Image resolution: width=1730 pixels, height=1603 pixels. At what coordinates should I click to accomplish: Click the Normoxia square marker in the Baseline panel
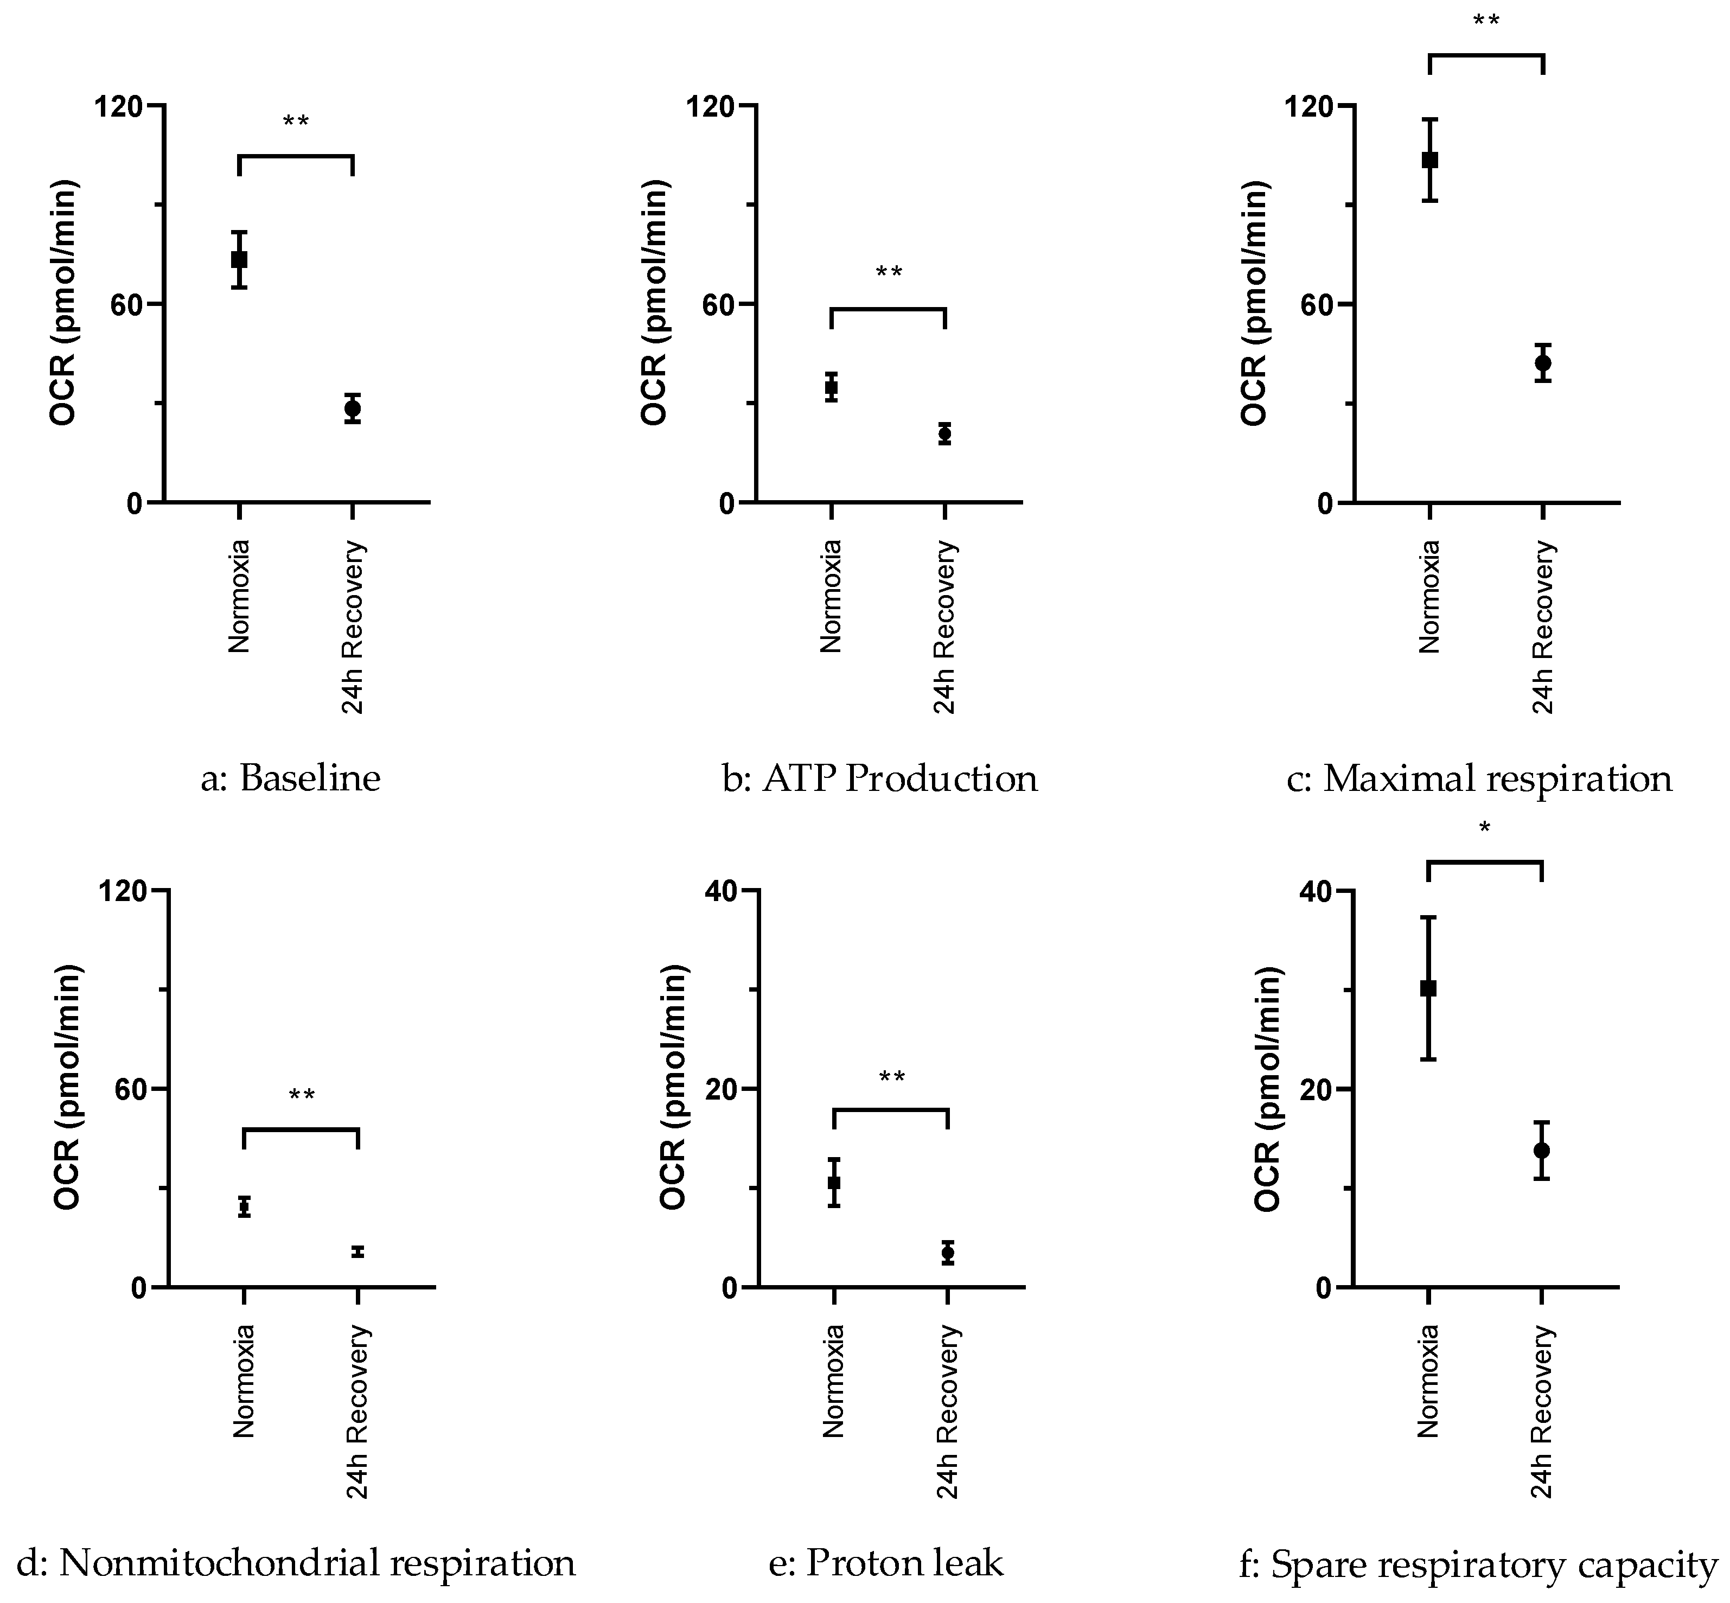(x=239, y=259)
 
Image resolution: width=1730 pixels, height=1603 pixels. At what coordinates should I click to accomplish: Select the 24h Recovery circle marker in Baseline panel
(x=352, y=408)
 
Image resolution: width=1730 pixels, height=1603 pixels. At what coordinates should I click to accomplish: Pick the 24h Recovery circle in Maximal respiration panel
(x=1543, y=362)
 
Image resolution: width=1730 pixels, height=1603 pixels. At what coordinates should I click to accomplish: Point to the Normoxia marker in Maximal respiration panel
(x=1430, y=159)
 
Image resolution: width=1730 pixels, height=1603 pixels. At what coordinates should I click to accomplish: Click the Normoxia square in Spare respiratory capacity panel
(x=1428, y=988)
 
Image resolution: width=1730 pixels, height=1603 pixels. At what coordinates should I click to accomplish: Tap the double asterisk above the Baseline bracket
(x=296, y=122)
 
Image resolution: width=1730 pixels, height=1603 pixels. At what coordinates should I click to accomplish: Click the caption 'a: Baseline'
(x=291, y=778)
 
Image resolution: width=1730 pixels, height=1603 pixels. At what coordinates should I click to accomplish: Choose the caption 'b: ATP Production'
(x=880, y=778)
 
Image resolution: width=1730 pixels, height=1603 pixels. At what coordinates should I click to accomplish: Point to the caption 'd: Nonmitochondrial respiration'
(x=297, y=1563)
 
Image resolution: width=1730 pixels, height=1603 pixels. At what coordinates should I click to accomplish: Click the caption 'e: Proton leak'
(x=886, y=1563)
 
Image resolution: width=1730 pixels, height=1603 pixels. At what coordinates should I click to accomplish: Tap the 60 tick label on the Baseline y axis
(x=124, y=304)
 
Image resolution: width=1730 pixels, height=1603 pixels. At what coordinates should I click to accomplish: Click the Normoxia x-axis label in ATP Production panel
(x=831, y=596)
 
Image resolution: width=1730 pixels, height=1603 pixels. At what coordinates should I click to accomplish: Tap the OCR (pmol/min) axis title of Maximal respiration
(x=1254, y=304)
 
